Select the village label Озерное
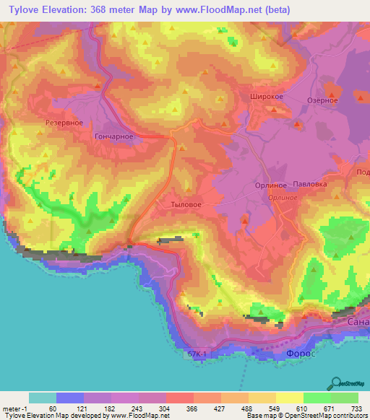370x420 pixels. click(x=323, y=100)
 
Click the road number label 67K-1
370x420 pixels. click(x=197, y=354)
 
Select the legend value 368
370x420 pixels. click(x=193, y=408)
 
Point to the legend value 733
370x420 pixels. click(x=356, y=408)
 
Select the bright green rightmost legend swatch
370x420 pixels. click(x=344, y=398)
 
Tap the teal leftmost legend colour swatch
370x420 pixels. click(x=43, y=398)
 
